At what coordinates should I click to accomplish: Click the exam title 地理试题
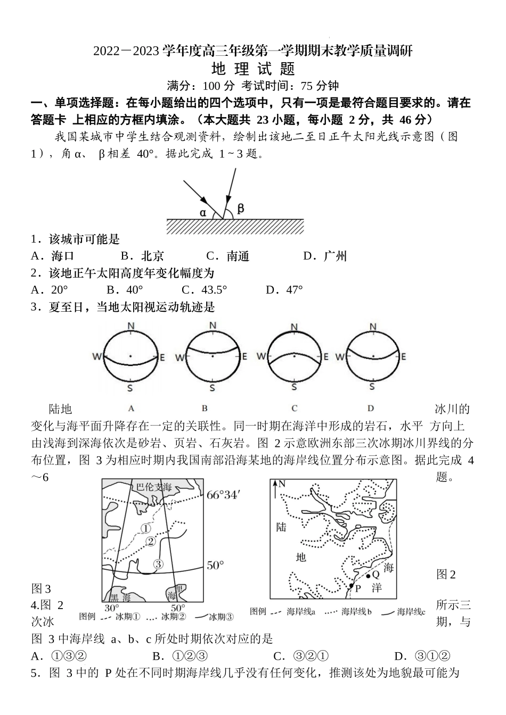click(x=253, y=70)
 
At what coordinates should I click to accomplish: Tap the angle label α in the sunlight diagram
click(x=203, y=212)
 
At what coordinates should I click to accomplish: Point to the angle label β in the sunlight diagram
click(x=241, y=209)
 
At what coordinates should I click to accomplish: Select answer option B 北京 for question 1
click(x=142, y=256)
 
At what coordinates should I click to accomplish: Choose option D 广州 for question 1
click(x=325, y=256)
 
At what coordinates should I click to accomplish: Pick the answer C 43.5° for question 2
click(x=205, y=290)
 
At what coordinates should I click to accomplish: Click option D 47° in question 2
click(x=284, y=290)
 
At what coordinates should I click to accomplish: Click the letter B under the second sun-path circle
click(x=205, y=408)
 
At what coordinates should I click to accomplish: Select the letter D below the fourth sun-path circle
click(x=371, y=408)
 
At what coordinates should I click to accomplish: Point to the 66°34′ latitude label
click(x=224, y=495)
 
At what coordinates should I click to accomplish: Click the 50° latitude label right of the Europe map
click(x=215, y=566)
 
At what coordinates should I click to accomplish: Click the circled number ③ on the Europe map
click(x=158, y=564)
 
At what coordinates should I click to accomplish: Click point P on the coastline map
click(x=351, y=586)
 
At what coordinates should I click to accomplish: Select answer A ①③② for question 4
click(x=59, y=656)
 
